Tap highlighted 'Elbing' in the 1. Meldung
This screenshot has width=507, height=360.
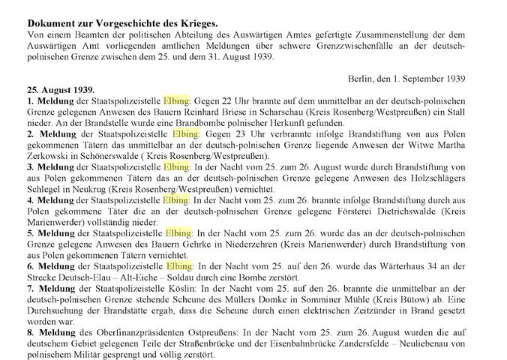178,100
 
